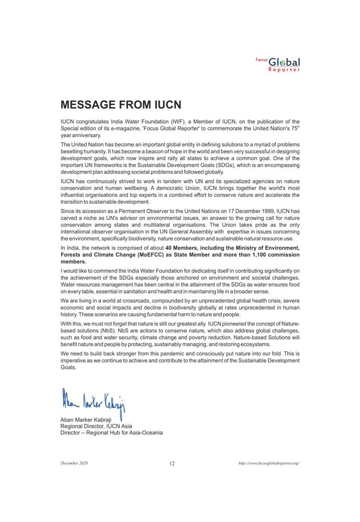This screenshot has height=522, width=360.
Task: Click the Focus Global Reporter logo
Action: [278, 64]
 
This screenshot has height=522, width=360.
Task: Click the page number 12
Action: [172, 464]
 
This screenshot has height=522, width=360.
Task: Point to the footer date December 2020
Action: [74, 463]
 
